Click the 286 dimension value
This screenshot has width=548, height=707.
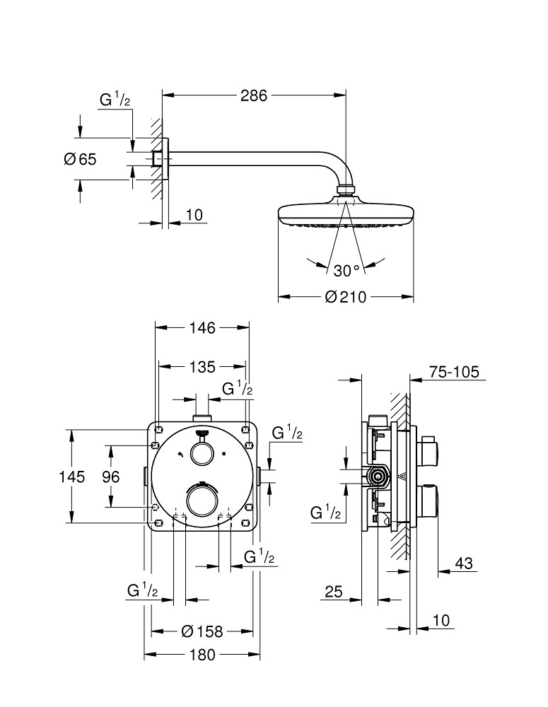(254, 95)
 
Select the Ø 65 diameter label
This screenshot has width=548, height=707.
(79, 159)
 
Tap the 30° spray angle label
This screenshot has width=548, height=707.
(346, 270)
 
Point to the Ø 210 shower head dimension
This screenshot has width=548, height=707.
(346, 297)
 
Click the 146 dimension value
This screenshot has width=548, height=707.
(202, 327)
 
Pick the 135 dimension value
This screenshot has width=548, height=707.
(202, 366)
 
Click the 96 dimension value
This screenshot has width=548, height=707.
(110, 477)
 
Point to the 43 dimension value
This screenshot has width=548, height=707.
(464, 563)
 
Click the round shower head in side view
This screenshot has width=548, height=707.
(346, 214)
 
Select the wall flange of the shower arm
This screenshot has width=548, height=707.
(164, 159)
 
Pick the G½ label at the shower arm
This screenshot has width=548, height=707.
(115, 100)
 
